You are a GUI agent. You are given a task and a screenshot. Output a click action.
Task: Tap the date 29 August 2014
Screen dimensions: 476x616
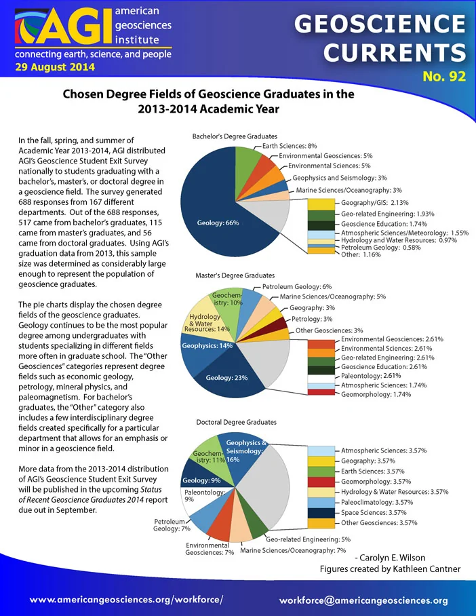(55, 66)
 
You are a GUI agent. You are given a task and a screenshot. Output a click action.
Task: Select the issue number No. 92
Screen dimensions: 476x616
(444, 76)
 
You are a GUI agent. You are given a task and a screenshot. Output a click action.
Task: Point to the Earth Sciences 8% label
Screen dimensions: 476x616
(290, 146)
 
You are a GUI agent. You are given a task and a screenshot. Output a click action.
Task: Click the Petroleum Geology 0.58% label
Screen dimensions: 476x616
(380, 248)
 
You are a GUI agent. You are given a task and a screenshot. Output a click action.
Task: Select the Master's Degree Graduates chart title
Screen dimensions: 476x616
(235, 275)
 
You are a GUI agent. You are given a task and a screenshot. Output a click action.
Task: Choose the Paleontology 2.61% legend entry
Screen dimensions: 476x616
(371, 376)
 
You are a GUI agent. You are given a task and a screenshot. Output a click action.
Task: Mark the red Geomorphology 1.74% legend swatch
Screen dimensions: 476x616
(321, 392)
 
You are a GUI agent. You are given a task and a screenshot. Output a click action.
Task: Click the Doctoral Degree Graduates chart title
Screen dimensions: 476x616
(236, 423)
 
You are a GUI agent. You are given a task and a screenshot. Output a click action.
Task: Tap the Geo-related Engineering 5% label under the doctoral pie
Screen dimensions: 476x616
(309, 539)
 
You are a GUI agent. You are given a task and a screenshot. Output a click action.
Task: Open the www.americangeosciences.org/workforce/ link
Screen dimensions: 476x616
(127, 600)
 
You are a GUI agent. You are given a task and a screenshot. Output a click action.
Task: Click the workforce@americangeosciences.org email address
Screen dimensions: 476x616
(363, 600)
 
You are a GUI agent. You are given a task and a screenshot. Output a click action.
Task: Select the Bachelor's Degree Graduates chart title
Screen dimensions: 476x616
(235, 136)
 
